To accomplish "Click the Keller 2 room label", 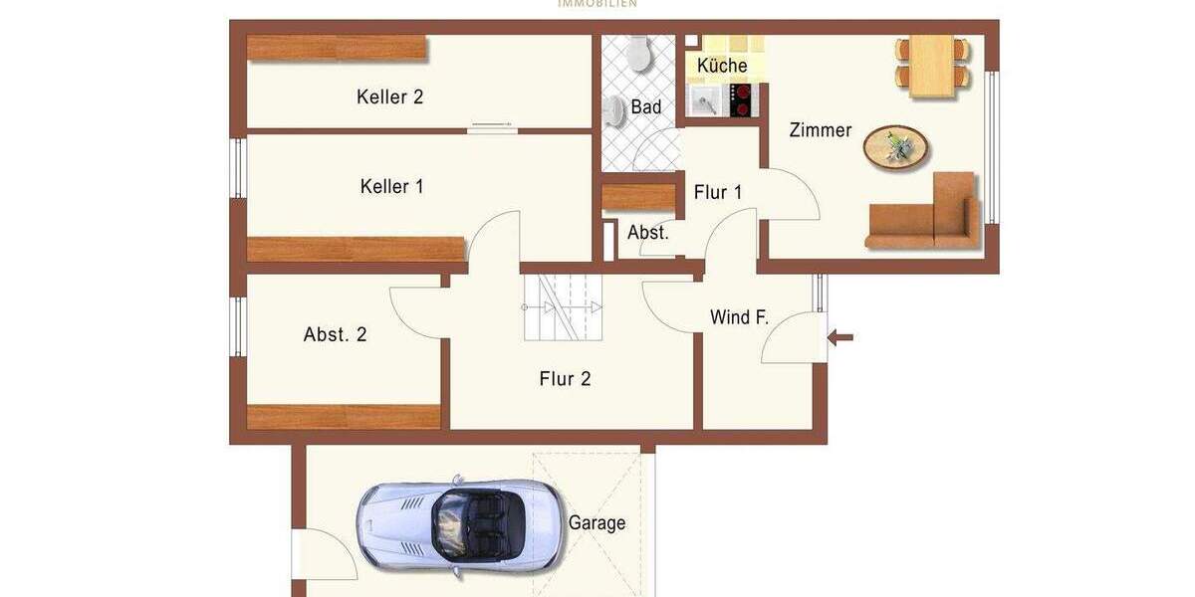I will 390,97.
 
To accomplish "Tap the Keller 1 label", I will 391,186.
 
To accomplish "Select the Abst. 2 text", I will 335,334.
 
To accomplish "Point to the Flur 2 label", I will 565,378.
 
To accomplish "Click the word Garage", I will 597,522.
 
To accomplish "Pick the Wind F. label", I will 739,317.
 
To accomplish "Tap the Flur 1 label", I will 718,192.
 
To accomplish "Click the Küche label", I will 722,66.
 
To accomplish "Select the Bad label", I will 646,106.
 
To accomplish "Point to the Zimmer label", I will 821,130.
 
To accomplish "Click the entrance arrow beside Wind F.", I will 841,338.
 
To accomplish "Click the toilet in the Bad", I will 638,54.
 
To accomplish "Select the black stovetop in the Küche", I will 741,99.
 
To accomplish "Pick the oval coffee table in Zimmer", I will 897,148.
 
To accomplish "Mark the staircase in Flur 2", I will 564,307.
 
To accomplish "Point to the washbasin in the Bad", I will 614,113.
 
